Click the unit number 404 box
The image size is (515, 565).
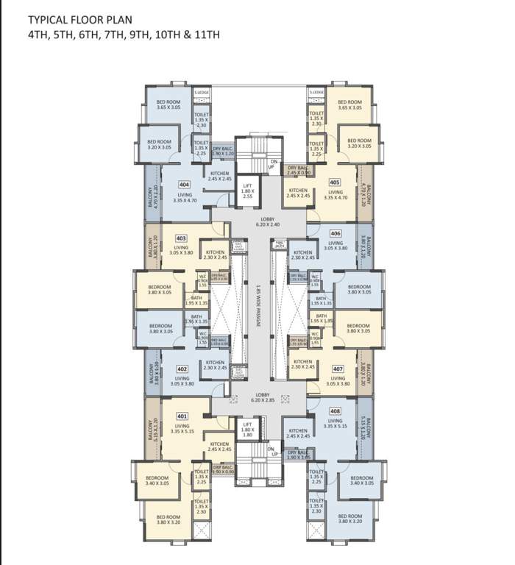pyautogui.click(x=184, y=185)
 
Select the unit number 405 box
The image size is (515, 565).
pyautogui.click(x=335, y=182)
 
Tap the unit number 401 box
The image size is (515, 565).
pyautogui.click(x=182, y=416)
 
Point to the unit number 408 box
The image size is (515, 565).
pyautogui.click(x=335, y=411)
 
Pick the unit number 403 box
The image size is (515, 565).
pyautogui.click(x=181, y=238)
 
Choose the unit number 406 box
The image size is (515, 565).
pyautogui.click(x=335, y=233)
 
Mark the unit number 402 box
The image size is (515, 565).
pyautogui.click(x=181, y=368)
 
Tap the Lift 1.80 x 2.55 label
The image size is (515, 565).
pyautogui.click(x=248, y=191)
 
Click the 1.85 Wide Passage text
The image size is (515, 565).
pyautogui.click(x=259, y=310)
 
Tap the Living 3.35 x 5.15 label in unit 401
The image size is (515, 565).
pyautogui.click(x=182, y=429)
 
